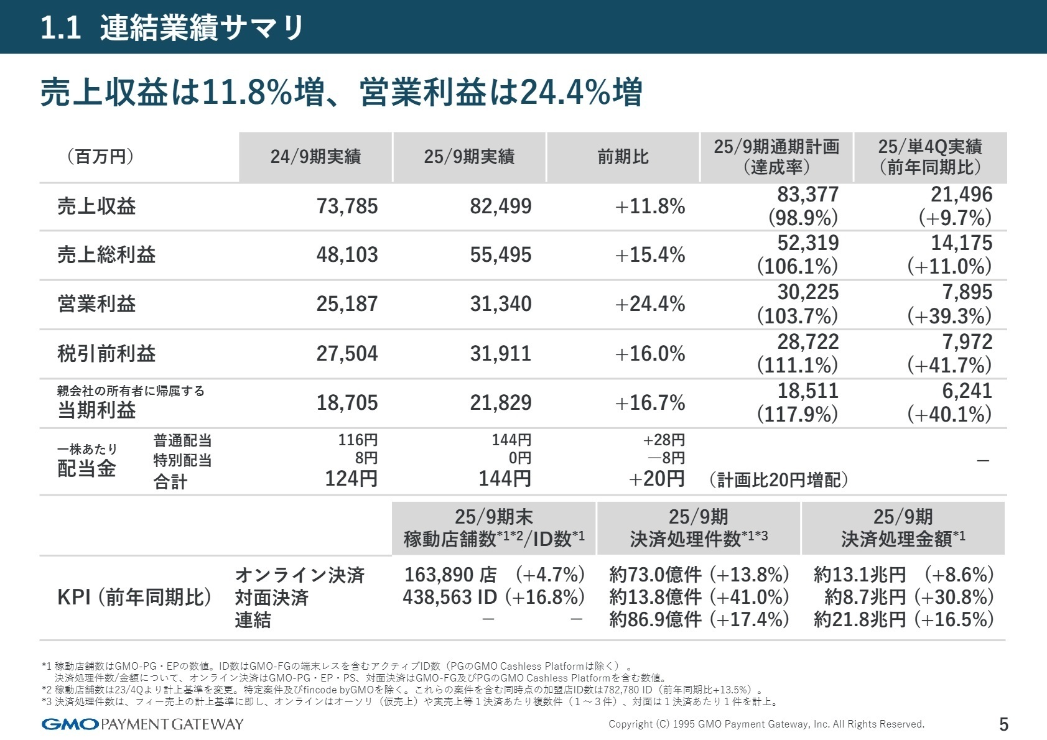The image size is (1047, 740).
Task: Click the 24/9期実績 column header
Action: (x=315, y=157)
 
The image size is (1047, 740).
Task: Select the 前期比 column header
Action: (x=623, y=157)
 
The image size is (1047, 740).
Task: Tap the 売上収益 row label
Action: (x=96, y=206)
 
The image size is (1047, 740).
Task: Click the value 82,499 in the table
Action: (x=500, y=206)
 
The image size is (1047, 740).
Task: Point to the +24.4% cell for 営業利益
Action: (x=649, y=304)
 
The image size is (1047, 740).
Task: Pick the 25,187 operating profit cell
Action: (x=347, y=304)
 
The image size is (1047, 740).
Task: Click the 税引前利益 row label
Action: (x=106, y=353)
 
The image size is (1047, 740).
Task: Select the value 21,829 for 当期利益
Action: (x=500, y=402)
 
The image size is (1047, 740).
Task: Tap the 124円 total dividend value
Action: (x=351, y=479)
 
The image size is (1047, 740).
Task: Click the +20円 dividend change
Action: (x=656, y=479)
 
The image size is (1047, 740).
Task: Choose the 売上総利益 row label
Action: (x=106, y=255)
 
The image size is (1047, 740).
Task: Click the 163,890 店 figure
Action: (x=450, y=575)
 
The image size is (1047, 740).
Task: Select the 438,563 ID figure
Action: (x=450, y=597)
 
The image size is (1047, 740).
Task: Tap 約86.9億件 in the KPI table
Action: (x=655, y=619)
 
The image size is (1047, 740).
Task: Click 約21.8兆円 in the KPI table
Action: (x=860, y=619)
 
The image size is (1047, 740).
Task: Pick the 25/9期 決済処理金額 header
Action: (x=903, y=528)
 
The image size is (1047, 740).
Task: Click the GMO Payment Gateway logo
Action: (x=142, y=724)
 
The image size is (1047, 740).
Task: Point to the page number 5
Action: (x=1003, y=724)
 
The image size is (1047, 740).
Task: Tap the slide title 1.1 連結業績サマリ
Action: (x=172, y=28)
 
